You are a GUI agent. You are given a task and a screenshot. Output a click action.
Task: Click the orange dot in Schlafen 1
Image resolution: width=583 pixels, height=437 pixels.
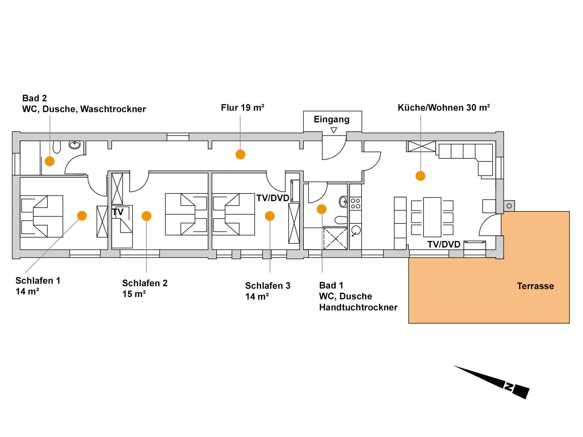[82, 216]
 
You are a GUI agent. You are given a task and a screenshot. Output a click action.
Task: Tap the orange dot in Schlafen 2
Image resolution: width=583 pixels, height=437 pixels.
[146, 216]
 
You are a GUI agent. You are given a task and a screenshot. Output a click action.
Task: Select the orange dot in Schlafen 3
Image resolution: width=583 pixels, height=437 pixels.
[270, 216]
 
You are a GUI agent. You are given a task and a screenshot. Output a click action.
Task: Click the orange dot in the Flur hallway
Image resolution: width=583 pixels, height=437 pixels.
[240, 154]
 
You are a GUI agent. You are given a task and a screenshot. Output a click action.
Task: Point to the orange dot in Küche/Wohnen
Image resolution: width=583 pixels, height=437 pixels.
[420, 176]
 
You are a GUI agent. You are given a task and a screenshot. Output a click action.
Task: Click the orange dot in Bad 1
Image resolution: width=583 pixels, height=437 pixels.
[321, 209]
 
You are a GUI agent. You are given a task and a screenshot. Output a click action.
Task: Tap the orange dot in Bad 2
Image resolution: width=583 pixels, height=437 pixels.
[50, 161]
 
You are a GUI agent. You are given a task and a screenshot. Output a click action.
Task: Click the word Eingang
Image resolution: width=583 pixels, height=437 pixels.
[331, 119]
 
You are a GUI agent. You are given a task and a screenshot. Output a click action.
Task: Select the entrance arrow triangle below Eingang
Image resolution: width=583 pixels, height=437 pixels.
[334, 130]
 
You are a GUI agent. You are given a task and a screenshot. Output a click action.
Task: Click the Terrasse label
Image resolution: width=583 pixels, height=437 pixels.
[535, 286]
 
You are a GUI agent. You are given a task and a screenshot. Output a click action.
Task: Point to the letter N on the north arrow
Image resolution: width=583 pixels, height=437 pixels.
[508, 387]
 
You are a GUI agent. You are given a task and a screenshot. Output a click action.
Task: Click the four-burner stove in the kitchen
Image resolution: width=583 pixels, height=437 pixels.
[355, 203]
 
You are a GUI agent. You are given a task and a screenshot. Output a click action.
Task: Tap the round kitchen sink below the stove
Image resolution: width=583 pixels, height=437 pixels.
[356, 230]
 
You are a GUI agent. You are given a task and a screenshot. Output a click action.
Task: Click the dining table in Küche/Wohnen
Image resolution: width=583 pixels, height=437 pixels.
[432, 217]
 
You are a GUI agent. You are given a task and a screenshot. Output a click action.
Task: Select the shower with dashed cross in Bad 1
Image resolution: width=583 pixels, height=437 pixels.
[335, 239]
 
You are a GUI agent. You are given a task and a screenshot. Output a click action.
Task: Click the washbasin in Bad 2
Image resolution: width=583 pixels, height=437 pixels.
[75, 145]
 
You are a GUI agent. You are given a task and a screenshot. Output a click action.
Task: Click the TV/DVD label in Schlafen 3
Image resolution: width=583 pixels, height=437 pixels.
[272, 198]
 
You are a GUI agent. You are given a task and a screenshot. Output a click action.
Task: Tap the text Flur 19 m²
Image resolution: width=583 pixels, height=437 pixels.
[243, 108]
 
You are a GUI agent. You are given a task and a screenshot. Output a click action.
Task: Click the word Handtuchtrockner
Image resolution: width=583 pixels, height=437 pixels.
[358, 308]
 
